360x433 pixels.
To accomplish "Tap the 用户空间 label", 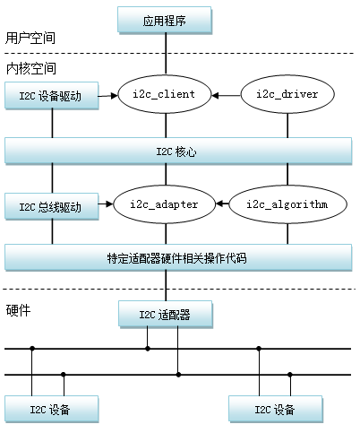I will (x=29, y=38).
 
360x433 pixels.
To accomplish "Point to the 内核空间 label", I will (x=29, y=68).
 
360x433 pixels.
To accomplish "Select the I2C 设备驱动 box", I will (x=50, y=96).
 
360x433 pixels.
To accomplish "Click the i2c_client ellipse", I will (x=165, y=94).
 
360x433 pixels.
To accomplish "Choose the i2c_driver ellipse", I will (x=287, y=94).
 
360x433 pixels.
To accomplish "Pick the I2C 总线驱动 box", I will (x=50, y=207).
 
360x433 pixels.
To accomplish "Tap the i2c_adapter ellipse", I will (x=165, y=204).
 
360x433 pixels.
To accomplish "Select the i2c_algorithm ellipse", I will (x=287, y=204).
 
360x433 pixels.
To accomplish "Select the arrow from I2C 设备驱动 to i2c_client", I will (x=108, y=94).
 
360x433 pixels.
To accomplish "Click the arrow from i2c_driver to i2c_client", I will (x=228, y=94).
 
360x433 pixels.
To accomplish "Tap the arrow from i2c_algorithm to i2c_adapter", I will (x=225, y=204).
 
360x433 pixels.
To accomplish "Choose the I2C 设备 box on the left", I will (x=50, y=410).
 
